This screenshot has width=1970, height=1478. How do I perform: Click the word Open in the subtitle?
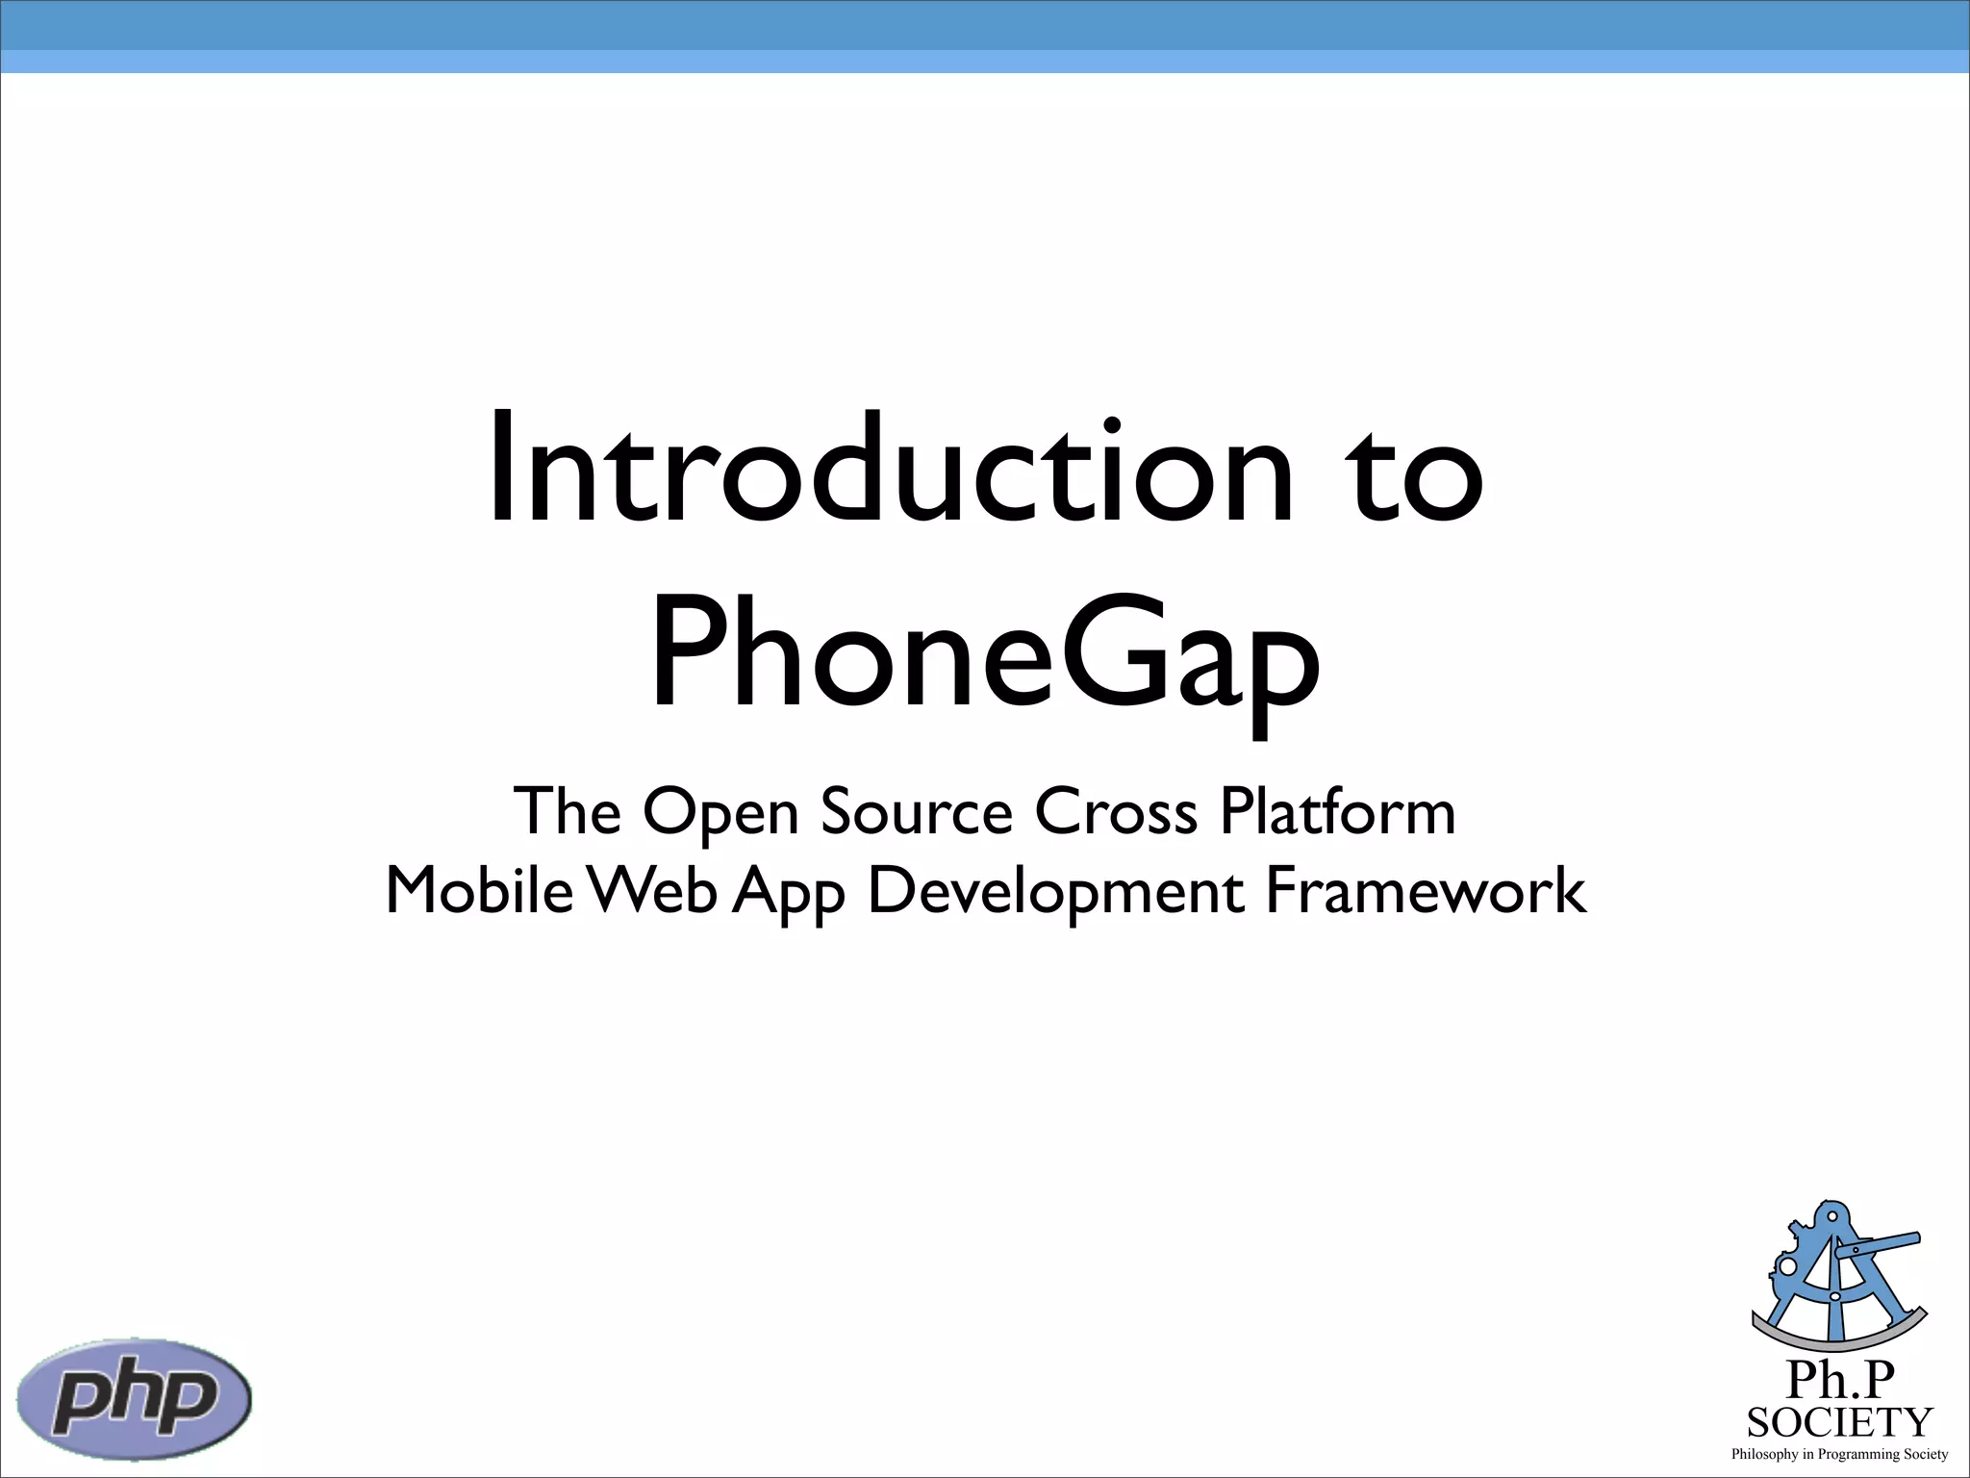click(x=720, y=813)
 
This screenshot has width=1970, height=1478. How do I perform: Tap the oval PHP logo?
click(x=135, y=1398)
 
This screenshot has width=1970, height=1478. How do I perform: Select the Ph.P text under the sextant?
click(x=1839, y=1380)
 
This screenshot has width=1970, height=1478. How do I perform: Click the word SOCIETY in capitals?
click(x=1839, y=1422)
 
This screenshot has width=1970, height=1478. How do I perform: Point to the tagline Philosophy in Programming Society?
click(x=1839, y=1454)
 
